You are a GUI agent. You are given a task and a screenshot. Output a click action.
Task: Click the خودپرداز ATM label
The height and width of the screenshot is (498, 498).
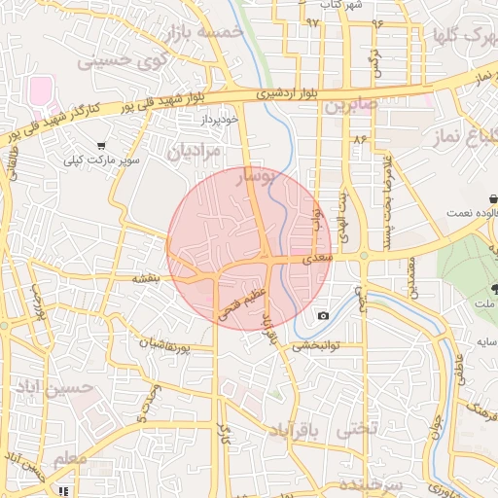(x=220, y=119)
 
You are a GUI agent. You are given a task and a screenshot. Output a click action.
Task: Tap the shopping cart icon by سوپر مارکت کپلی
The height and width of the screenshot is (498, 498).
(x=101, y=146)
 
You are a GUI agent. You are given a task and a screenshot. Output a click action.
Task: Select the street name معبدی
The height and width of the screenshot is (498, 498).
(x=317, y=260)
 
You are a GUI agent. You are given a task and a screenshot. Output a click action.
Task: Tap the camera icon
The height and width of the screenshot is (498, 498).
(x=323, y=316)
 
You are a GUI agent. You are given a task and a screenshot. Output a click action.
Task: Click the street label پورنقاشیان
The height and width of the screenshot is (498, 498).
(x=176, y=344)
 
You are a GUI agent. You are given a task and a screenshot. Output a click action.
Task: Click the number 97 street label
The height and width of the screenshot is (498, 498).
(x=312, y=21)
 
